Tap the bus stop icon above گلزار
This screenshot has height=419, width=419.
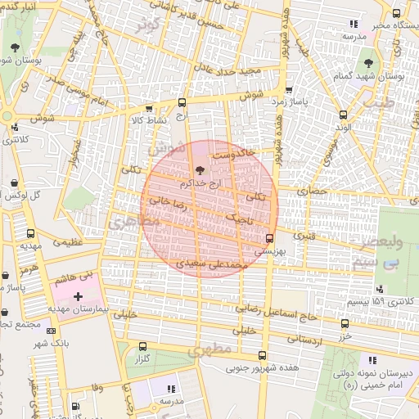143,345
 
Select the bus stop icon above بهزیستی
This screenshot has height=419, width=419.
269,238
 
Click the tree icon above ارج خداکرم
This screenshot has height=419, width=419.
199,169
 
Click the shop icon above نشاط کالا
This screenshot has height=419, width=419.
148,108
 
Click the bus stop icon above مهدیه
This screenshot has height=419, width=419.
31,233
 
